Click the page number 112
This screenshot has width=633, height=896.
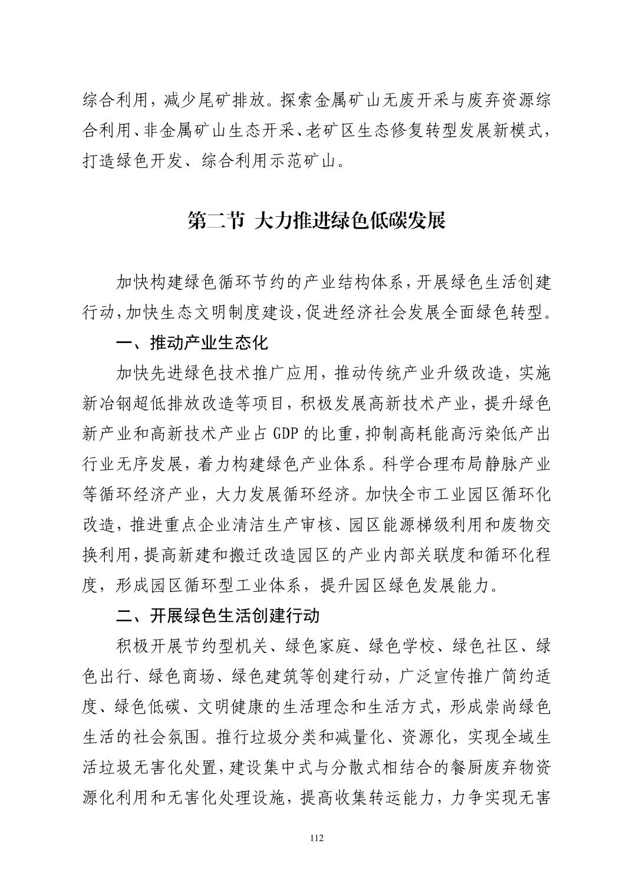click(x=316, y=838)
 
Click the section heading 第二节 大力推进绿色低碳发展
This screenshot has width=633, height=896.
click(x=316, y=220)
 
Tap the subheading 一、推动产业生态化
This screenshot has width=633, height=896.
click(x=192, y=342)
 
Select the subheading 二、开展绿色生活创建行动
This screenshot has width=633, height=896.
click(x=217, y=616)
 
